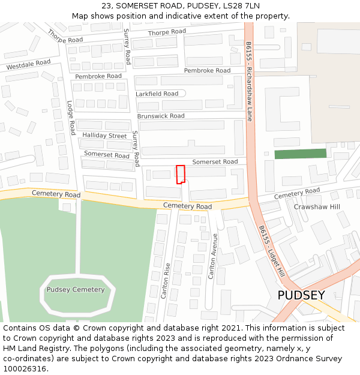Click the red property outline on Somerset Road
click(x=180, y=174)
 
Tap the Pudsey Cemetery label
click(x=76, y=290)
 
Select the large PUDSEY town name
click(x=301, y=295)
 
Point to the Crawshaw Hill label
click(x=317, y=207)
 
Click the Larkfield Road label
click(x=157, y=94)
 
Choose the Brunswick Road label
click(x=161, y=116)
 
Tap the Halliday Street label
click(x=105, y=136)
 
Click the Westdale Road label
click(x=28, y=65)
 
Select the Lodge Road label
click(x=71, y=118)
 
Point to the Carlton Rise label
click(x=166, y=281)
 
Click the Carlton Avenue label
click(x=212, y=256)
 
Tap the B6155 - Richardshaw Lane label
click(x=249, y=82)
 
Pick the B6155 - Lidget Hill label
click(x=271, y=251)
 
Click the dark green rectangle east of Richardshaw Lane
click(x=301, y=154)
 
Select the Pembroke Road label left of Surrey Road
click(x=98, y=76)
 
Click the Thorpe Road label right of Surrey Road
click(x=167, y=32)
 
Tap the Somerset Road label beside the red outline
click(x=215, y=162)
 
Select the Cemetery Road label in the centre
click(x=188, y=206)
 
